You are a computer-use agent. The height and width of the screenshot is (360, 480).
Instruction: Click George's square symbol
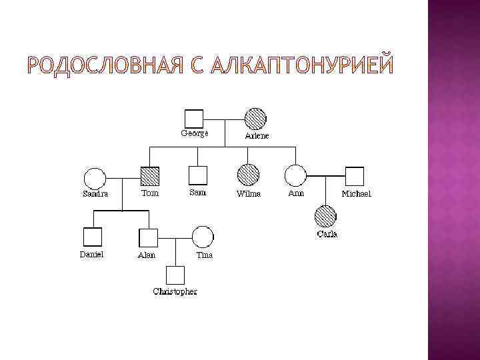pyautogui.click(x=193, y=118)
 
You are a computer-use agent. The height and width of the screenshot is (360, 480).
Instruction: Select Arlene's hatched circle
pyautogui.click(x=255, y=118)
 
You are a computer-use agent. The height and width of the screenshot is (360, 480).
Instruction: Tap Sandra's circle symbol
pyautogui.click(x=94, y=178)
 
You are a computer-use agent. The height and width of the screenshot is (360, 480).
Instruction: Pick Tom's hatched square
pyautogui.click(x=151, y=175)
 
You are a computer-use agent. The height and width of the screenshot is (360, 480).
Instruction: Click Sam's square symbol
pyautogui.click(x=198, y=175)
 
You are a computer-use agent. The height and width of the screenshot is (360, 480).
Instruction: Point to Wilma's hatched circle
pyautogui.click(x=248, y=175)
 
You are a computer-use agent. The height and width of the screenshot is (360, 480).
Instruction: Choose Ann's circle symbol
pyautogui.click(x=295, y=176)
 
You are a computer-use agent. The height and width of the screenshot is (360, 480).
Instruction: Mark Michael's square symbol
pyautogui.click(x=355, y=177)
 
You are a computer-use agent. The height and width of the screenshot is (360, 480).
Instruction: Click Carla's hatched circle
pyautogui.click(x=325, y=216)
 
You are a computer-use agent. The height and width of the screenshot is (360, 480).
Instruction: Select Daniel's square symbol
pyautogui.click(x=92, y=237)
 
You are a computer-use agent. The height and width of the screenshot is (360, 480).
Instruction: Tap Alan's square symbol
pyautogui.click(x=147, y=237)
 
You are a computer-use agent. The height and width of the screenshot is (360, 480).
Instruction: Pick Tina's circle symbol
pyautogui.click(x=203, y=237)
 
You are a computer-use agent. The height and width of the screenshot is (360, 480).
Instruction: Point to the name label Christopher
pyautogui.click(x=175, y=291)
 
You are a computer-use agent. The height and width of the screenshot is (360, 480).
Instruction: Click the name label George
pyautogui.click(x=195, y=133)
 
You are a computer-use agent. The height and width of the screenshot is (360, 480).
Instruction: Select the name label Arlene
pyautogui.click(x=257, y=135)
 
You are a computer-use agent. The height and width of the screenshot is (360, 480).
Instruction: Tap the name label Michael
pyautogui.click(x=356, y=194)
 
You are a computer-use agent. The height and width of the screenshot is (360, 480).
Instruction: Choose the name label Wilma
pyautogui.click(x=249, y=194)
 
